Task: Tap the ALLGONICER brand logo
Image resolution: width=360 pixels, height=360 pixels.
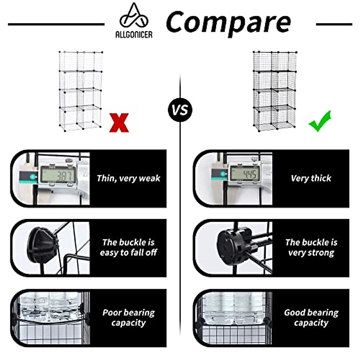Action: click(x=134, y=21)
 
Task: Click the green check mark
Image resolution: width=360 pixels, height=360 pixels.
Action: click(x=320, y=121)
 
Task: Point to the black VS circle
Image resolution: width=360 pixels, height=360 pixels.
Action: click(x=180, y=110)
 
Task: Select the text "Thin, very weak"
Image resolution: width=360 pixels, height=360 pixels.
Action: click(x=128, y=178)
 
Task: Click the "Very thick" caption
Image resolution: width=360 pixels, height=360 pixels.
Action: click(x=311, y=178)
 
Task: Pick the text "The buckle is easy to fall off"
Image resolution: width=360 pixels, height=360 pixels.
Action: click(x=128, y=247)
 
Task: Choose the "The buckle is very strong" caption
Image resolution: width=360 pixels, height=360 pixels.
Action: click(x=311, y=247)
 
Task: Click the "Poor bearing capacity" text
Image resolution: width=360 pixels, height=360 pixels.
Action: click(x=128, y=317)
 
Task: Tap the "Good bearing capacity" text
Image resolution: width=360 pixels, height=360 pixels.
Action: click(x=311, y=317)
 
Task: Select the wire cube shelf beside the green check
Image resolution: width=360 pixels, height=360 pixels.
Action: click(x=274, y=91)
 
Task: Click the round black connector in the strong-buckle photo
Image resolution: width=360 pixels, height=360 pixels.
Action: click(x=233, y=244)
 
